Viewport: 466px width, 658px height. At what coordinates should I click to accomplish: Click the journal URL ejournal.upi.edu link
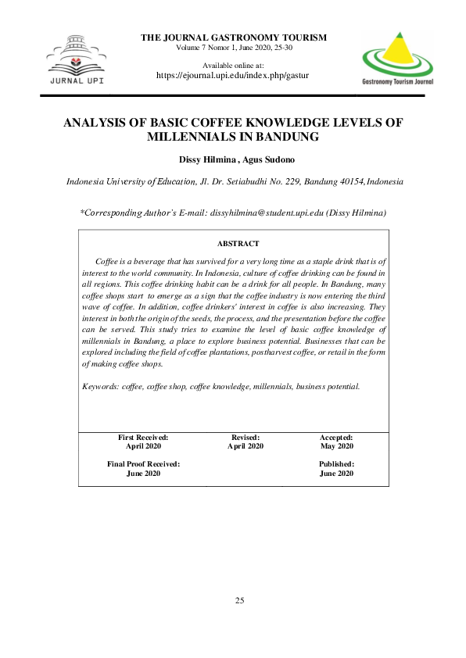[x=233, y=76]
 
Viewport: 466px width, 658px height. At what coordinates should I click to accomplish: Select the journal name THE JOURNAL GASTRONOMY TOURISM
[x=233, y=38]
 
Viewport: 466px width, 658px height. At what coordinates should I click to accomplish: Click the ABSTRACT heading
[x=238, y=244]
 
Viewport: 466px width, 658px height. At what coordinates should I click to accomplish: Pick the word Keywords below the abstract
[x=100, y=386]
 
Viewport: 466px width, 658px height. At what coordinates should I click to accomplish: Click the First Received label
[x=143, y=438]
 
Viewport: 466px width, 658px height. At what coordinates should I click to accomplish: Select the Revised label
[x=246, y=438]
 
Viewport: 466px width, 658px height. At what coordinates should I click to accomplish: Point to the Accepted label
[x=336, y=438]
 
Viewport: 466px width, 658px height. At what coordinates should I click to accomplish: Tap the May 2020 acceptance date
[x=337, y=446]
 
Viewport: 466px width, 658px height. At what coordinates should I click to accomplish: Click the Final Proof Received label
[x=143, y=464]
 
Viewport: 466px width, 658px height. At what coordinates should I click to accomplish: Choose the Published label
[x=337, y=464]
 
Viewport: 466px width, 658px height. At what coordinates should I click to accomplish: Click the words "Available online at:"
[x=233, y=65]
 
